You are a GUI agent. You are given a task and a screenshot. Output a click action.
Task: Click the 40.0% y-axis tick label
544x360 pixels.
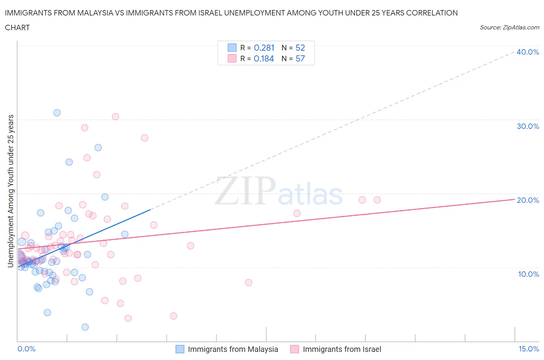coord(528,52)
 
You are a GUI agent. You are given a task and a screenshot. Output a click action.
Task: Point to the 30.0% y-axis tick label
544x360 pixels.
coord(528,126)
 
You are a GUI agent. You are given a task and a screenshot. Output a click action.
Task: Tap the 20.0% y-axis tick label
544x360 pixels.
coord(528,200)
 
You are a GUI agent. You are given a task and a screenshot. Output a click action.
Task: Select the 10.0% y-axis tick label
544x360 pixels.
coord(528,274)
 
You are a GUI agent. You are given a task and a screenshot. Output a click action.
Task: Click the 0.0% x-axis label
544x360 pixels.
coord(26,349)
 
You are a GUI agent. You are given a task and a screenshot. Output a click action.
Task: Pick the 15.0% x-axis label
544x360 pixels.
coord(529,349)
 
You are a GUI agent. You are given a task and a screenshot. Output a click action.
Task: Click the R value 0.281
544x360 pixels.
coord(264,48)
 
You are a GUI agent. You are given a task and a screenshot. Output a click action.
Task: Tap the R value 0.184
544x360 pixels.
coord(263,58)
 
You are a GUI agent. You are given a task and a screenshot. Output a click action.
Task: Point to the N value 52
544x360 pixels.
coord(300,48)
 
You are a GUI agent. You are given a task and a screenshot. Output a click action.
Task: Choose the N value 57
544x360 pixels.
coord(300,58)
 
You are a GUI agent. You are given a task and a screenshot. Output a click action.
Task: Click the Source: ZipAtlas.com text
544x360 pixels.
coord(509,27)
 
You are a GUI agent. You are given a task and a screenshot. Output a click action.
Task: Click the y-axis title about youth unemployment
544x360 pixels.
coord(10,191)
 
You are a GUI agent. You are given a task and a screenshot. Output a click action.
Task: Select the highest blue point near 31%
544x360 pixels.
coord(57,113)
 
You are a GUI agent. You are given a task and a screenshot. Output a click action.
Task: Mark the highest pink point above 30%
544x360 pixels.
coord(115,117)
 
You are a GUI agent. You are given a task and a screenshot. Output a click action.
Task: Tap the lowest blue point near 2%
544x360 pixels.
coord(85,327)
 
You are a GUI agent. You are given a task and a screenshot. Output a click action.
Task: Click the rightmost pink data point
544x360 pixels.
coord(377,200)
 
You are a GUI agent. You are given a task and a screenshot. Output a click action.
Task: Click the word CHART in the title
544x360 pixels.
coord(17,27)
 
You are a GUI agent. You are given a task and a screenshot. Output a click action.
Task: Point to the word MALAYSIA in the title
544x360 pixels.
coord(95,13)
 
